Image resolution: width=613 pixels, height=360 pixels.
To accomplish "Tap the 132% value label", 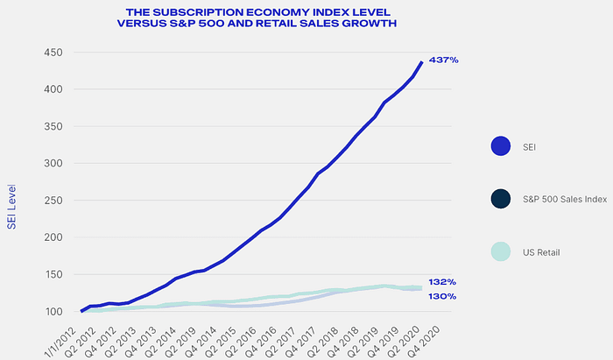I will click(x=441, y=282).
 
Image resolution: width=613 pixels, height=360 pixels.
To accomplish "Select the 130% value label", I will click(x=441, y=297).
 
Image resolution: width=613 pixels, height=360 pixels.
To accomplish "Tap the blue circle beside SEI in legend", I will click(x=501, y=147).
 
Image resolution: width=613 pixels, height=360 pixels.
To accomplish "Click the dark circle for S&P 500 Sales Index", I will click(x=501, y=200).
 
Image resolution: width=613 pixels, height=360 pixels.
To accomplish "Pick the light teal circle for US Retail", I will click(x=501, y=252).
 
